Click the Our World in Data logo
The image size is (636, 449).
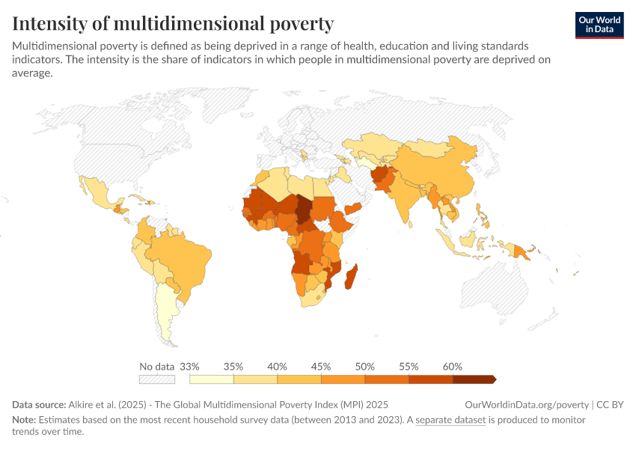(x=599, y=24)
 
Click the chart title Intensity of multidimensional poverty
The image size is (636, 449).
(x=173, y=23)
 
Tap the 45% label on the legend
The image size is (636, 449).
(x=320, y=367)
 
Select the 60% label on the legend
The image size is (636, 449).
(x=452, y=367)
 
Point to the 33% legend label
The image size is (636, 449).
(x=189, y=367)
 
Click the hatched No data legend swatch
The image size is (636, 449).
(x=157, y=379)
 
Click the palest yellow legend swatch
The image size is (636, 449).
(x=211, y=379)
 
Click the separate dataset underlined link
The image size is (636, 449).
(x=450, y=421)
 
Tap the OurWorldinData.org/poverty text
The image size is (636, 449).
(x=527, y=404)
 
